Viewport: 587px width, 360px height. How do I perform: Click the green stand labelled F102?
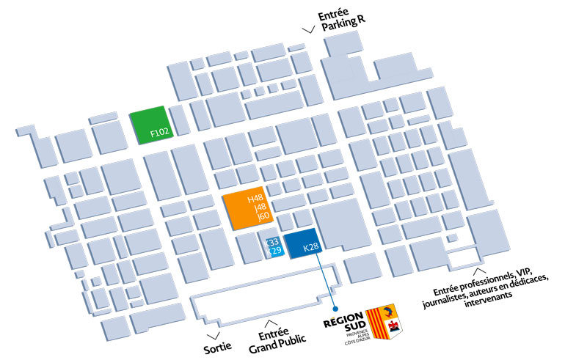pyautogui.click(x=150, y=125)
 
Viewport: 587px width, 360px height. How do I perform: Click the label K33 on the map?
pyautogui.click(x=273, y=242)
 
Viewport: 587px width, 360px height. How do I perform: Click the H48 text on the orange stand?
pyautogui.click(x=255, y=199)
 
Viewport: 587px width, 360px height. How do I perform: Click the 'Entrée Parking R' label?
pyautogui.click(x=342, y=21)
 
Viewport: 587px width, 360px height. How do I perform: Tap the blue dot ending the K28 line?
pyautogui.click(x=335, y=309)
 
